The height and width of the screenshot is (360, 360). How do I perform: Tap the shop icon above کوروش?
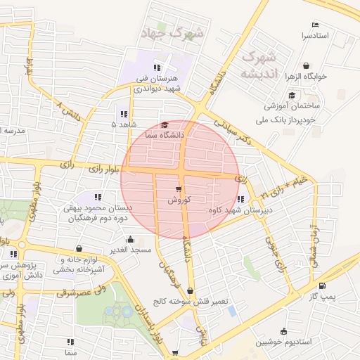coord(177,188)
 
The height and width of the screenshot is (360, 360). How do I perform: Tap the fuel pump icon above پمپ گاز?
coord(322,285)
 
